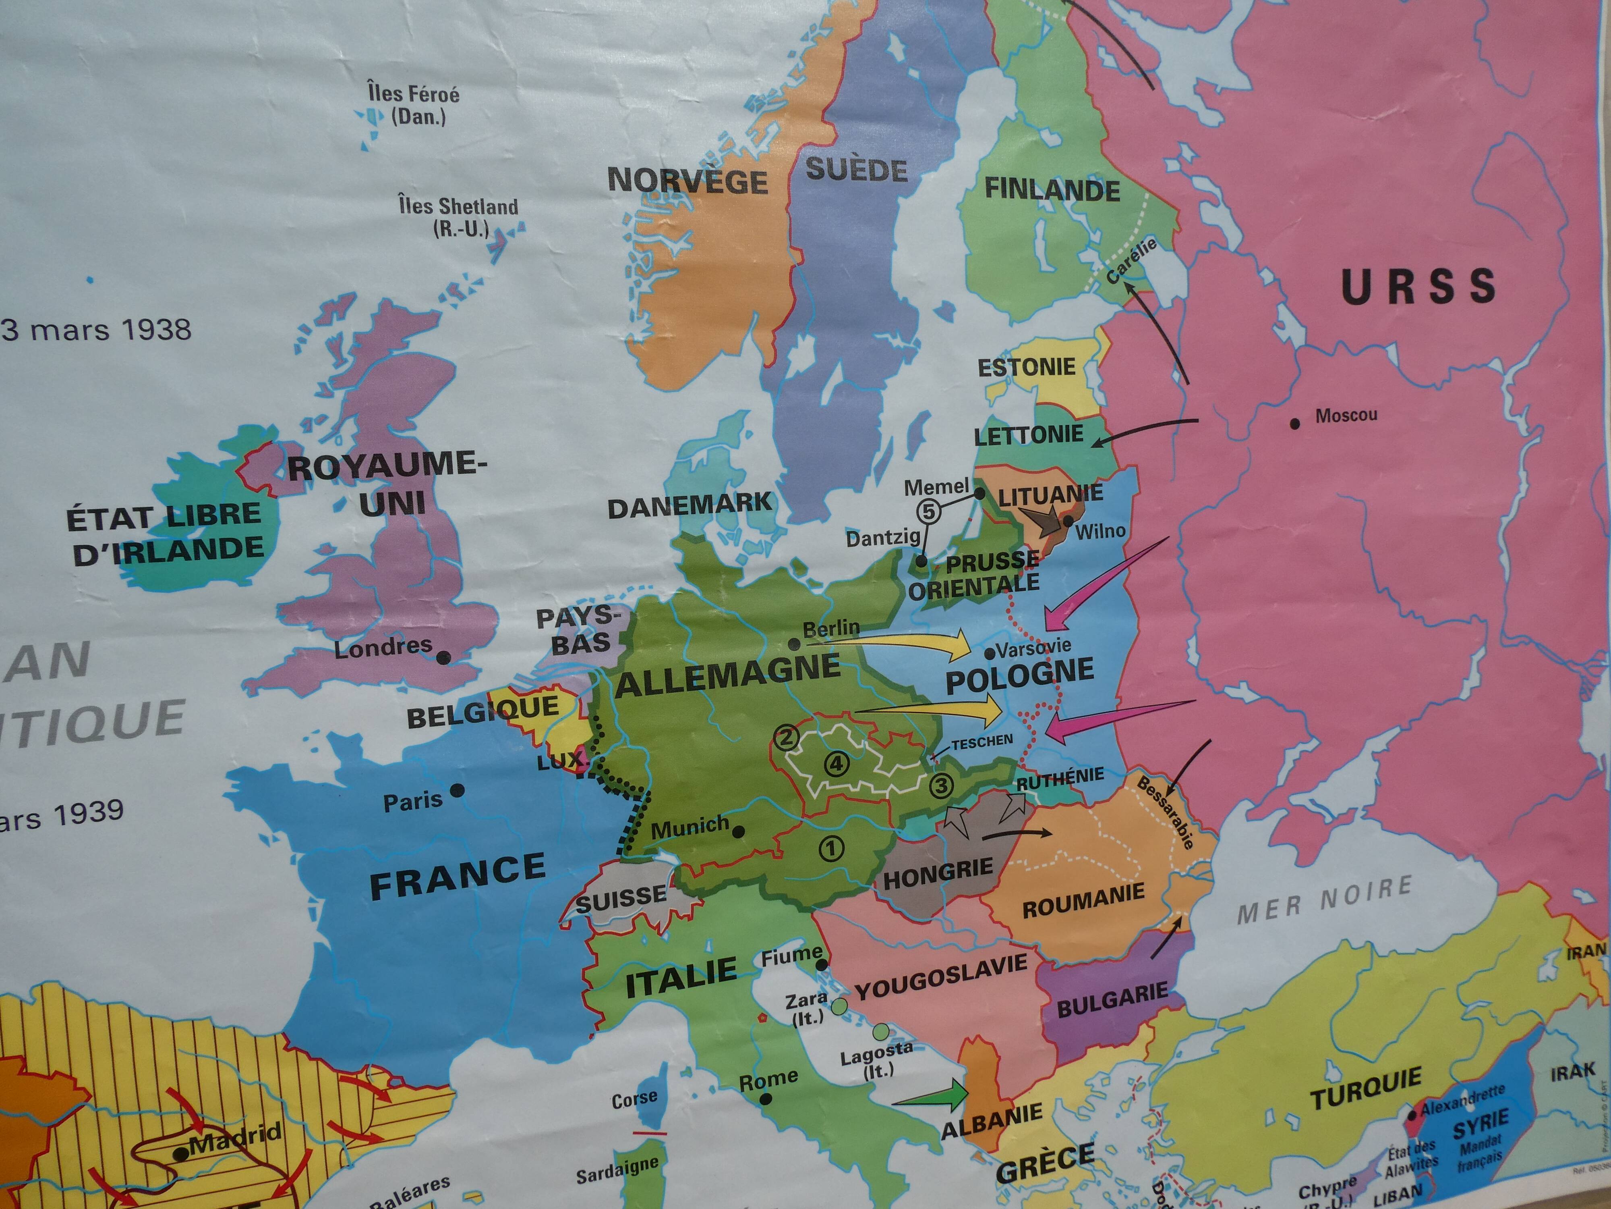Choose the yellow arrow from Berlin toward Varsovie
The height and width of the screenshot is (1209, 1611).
tap(903, 643)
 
